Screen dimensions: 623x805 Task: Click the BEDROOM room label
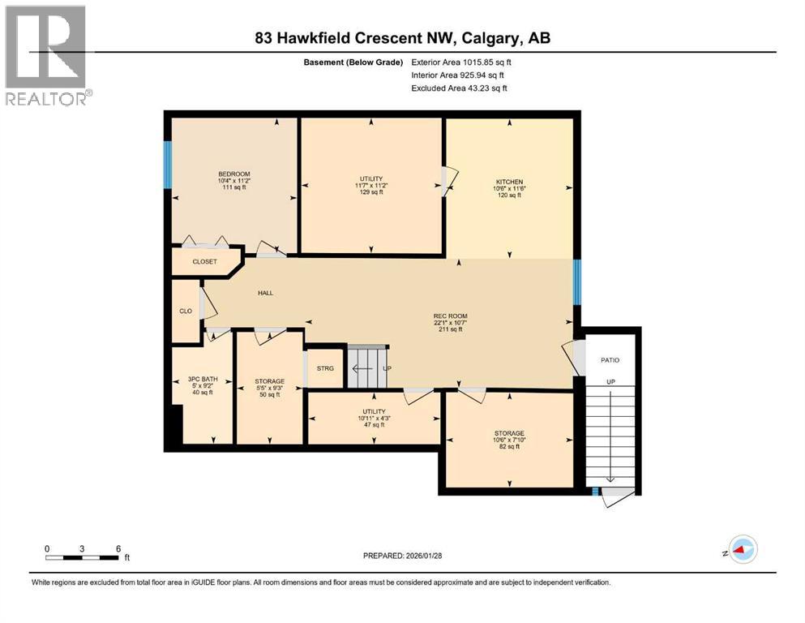coord(233,174)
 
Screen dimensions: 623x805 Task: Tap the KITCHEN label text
coord(509,182)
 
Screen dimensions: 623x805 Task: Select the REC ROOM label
coord(451,316)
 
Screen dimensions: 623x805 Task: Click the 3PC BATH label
coord(202,379)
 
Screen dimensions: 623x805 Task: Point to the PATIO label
coord(610,359)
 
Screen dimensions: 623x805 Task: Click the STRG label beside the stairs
coord(324,368)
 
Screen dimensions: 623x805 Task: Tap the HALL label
coord(266,293)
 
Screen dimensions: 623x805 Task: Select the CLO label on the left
coord(185,310)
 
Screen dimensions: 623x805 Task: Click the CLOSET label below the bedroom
coord(205,262)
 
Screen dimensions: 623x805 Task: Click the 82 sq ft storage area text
coord(509,446)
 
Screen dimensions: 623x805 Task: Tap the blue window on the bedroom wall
coord(168,165)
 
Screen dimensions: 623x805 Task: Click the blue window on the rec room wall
coord(576,281)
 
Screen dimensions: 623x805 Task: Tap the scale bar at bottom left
coord(83,556)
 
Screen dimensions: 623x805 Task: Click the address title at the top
coord(403,37)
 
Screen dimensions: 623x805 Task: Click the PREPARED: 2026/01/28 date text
coord(402,556)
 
